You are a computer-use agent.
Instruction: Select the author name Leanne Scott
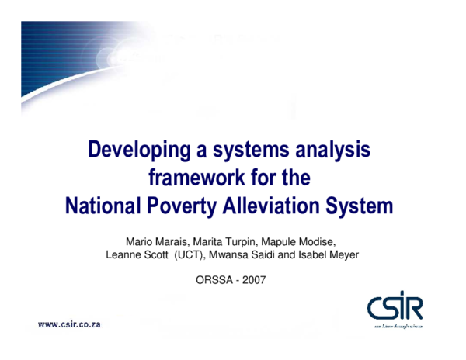pyautogui.click(x=137, y=254)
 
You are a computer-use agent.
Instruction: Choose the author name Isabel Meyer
pyautogui.click(x=329, y=254)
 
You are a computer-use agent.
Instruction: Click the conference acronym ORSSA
pyautogui.click(x=214, y=279)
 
